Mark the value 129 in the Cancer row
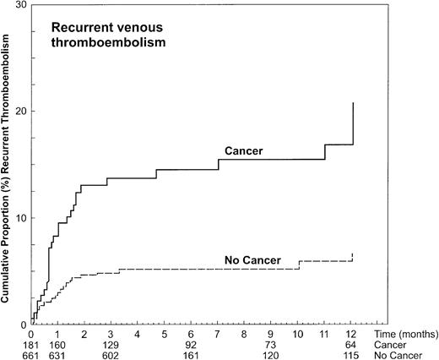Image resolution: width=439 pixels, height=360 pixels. [111, 346]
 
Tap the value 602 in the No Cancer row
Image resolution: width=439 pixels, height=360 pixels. [111, 356]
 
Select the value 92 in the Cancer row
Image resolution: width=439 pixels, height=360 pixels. [191, 346]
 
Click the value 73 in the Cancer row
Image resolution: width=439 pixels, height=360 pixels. [271, 346]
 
